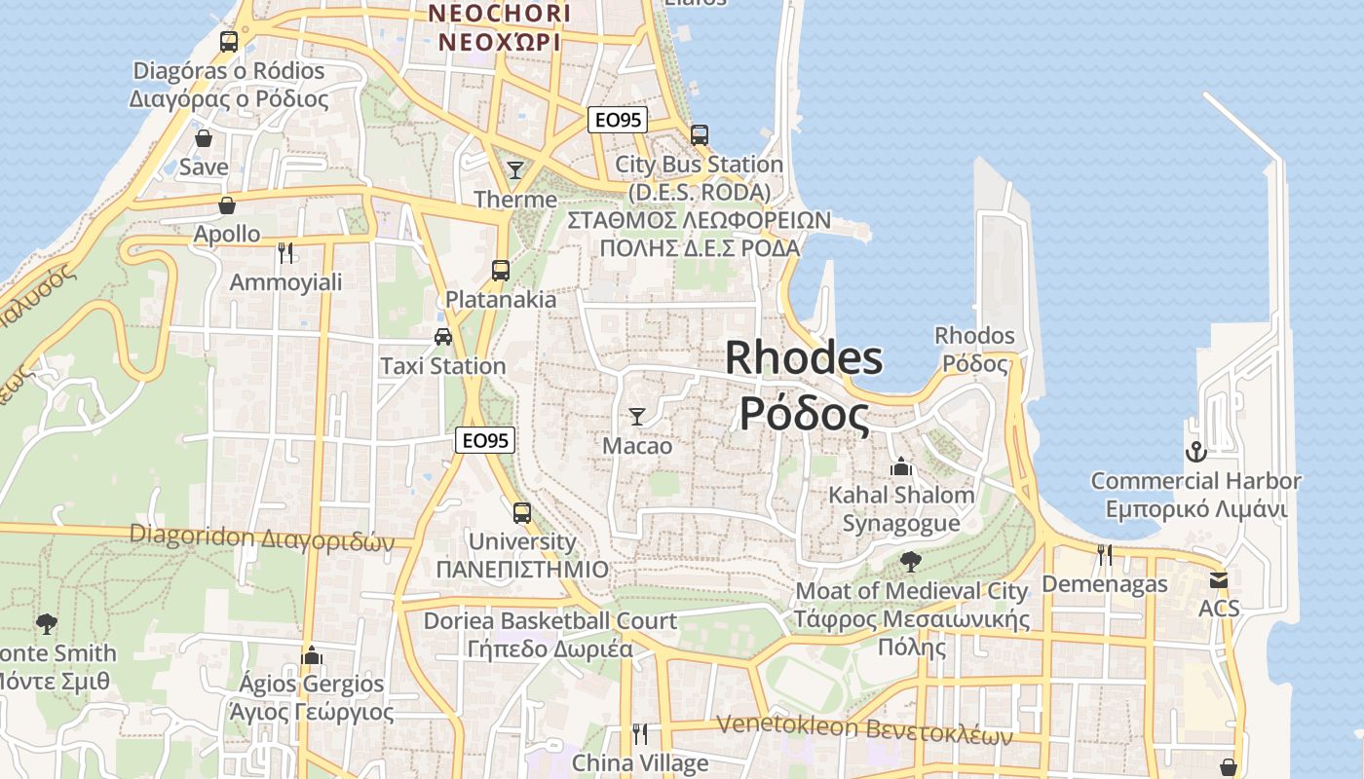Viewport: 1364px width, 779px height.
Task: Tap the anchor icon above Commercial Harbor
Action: coord(1195,452)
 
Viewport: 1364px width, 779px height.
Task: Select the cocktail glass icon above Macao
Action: coord(637,417)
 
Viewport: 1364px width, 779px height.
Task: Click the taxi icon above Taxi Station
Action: coord(443,337)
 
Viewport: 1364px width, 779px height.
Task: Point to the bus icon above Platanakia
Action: coord(501,271)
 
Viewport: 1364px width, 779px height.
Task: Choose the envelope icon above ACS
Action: coord(1219,580)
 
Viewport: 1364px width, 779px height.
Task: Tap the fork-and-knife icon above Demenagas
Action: coord(1105,555)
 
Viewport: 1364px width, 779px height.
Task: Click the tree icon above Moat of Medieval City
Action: coord(911,561)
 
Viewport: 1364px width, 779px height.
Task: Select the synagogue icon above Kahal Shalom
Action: coord(901,465)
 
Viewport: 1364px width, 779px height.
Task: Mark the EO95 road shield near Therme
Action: coord(619,120)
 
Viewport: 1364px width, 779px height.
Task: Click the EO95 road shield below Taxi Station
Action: coord(485,440)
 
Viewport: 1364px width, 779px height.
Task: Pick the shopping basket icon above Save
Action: coord(204,138)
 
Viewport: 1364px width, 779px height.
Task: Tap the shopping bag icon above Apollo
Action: coord(227,205)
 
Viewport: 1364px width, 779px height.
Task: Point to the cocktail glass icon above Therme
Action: coord(515,170)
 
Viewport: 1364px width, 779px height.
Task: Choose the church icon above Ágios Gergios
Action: coord(312,655)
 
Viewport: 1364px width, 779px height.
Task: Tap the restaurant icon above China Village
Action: coord(640,733)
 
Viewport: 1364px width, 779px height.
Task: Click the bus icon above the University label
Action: coord(522,512)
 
